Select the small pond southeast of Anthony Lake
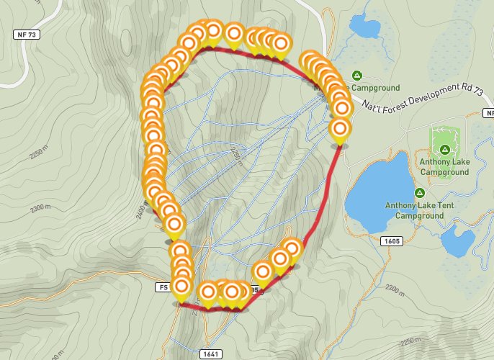click(x=457, y=243)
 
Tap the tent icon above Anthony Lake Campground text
click(x=445, y=149)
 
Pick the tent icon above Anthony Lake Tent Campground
click(x=419, y=192)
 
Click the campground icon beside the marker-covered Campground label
click(x=356, y=75)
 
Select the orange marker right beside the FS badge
click(x=182, y=288)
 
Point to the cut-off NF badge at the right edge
click(x=489, y=113)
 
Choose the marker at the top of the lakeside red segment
click(x=340, y=130)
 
